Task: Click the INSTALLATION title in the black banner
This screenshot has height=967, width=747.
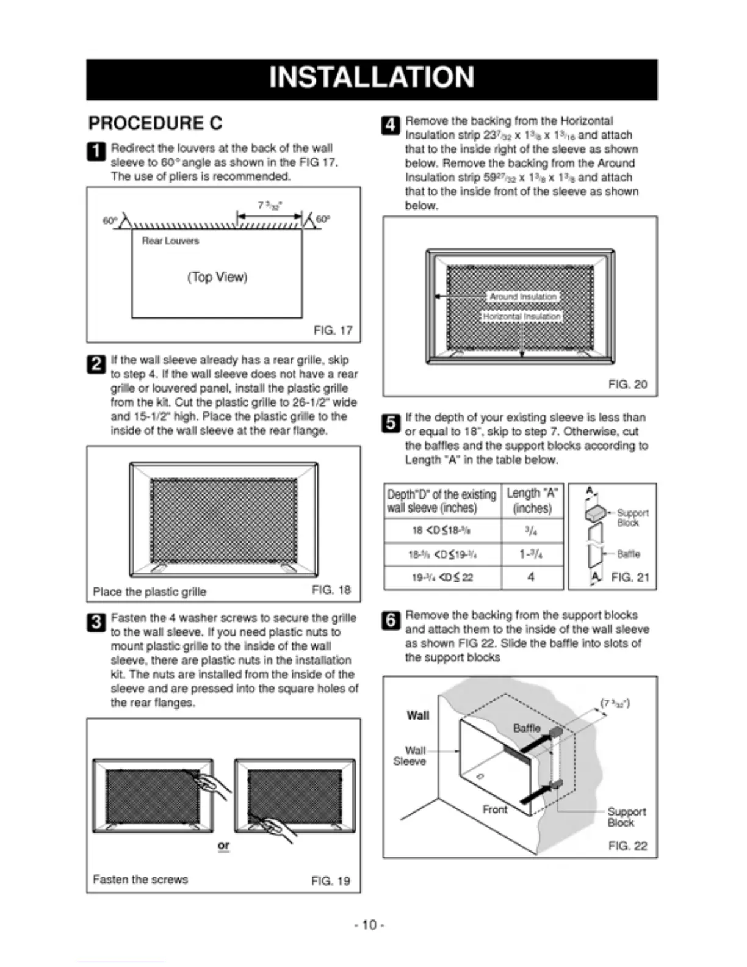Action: pyautogui.click(x=371, y=78)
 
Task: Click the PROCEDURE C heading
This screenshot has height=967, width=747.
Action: pyautogui.click(x=155, y=123)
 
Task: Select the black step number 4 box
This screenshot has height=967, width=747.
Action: pyautogui.click(x=391, y=125)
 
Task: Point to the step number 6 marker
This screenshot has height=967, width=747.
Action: pyautogui.click(x=391, y=620)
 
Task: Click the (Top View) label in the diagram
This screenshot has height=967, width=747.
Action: pyautogui.click(x=217, y=277)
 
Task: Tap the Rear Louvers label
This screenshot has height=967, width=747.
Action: pyautogui.click(x=170, y=241)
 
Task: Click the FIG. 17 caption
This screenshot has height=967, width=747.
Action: pyautogui.click(x=333, y=330)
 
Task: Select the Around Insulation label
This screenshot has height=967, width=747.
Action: pyautogui.click(x=523, y=296)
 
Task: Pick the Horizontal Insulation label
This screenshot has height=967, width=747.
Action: pyautogui.click(x=522, y=316)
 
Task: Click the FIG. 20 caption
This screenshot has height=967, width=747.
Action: pyautogui.click(x=627, y=384)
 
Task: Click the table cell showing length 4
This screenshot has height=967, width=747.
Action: pyautogui.click(x=531, y=577)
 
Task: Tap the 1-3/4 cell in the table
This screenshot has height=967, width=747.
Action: pyautogui.click(x=531, y=554)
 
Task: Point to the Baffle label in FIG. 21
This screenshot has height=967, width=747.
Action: pyautogui.click(x=629, y=554)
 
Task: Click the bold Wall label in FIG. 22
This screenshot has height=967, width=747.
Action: pyautogui.click(x=418, y=715)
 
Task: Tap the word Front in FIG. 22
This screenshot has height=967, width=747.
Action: pyautogui.click(x=495, y=809)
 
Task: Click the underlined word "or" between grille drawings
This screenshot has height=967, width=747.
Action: pyautogui.click(x=223, y=846)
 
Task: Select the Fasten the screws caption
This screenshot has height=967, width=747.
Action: pyautogui.click(x=140, y=879)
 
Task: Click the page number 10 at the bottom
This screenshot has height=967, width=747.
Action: pyautogui.click(x=369, y=925)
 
